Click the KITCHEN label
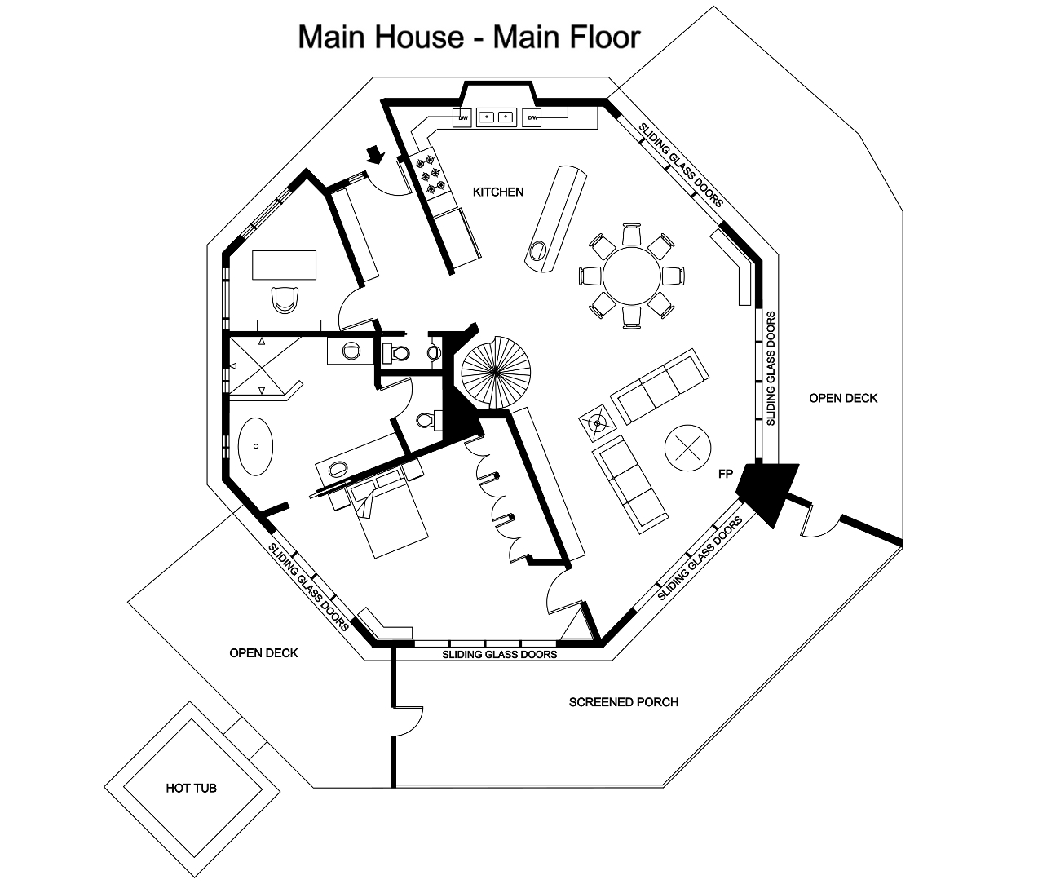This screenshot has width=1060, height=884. (498, 192)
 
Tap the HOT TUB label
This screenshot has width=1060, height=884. (191, 789)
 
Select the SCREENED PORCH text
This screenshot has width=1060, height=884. (623, 701)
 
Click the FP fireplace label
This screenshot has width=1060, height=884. (725, 473)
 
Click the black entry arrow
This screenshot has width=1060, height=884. (375, 154)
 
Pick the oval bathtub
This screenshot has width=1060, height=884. (257, 447)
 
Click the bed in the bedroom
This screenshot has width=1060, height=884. (390, 519)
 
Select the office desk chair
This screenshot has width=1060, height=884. (285, 300)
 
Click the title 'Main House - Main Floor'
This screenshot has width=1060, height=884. (469, 37)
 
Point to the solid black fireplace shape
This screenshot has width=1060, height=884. (766, 488)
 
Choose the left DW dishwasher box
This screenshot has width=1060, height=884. (462, 118)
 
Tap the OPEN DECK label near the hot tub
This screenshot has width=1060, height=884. (263, 652)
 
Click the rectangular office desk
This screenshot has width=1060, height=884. (285, 265)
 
